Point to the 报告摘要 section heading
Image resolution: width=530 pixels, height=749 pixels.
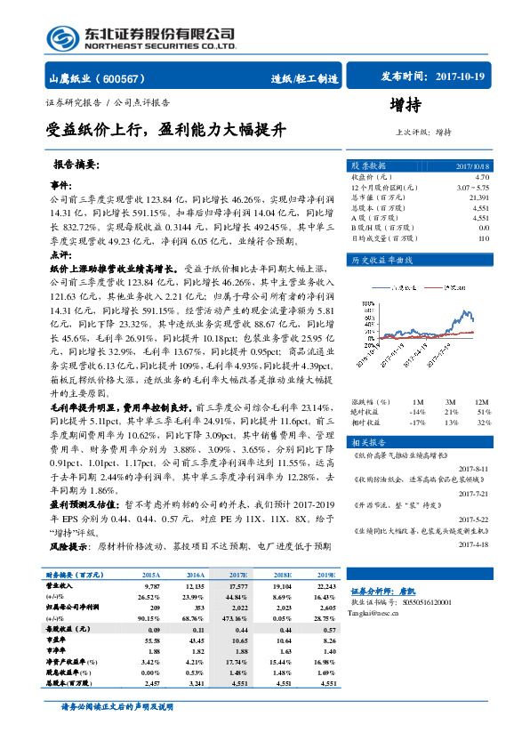[76, 165]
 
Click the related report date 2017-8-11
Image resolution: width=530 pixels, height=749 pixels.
[474, 467]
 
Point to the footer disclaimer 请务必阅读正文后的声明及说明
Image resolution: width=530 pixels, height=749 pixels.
[116, 731]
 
